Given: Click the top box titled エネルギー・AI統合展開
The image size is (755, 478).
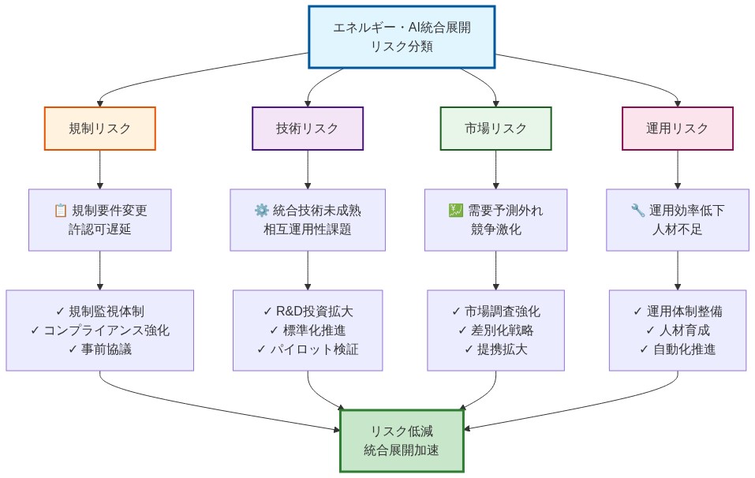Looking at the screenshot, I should tap(402, 37).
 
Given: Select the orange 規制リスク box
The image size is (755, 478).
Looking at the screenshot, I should tap(100, 129).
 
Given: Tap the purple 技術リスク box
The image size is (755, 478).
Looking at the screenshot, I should tap(308, 129).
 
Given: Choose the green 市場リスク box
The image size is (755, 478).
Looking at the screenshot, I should tap(495, 129).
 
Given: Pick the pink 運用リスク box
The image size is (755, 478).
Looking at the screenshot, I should tap(678, 129).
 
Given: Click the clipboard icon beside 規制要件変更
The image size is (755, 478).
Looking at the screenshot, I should tap(60, 211).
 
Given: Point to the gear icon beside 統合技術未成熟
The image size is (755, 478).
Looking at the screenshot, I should tap(261, 211).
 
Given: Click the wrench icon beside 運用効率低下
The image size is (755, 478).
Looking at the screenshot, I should tap(638, 211).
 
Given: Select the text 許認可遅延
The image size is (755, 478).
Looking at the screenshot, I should tap(100, 230).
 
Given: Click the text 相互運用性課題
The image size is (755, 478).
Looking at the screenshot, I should tap(308, 230).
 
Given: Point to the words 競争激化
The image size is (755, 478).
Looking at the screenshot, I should tap(495, 230).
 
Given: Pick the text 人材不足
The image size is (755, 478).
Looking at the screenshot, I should tap(678, 230).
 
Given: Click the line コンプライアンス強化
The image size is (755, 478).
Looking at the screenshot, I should tap(100, 330).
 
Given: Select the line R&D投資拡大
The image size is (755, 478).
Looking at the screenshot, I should tap(308, 311).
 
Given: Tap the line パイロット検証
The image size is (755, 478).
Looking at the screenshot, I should tap(308, 349).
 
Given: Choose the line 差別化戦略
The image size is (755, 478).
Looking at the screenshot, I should tap(495, 330).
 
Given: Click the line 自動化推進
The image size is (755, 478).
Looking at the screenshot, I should tap(678, 349).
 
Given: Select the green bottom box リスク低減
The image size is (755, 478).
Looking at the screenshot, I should tap(402, 440).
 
